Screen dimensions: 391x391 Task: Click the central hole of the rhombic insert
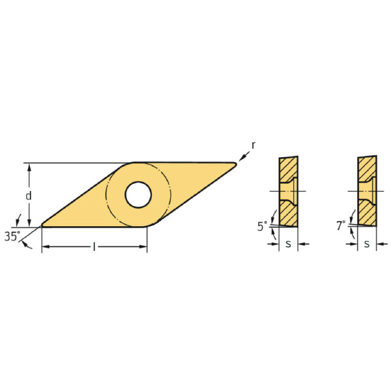138,194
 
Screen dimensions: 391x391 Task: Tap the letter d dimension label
28,195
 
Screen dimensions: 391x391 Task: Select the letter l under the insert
94,247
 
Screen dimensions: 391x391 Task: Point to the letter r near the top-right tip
253,145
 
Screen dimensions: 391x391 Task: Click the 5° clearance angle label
262,227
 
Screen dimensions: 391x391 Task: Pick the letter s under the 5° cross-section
288,244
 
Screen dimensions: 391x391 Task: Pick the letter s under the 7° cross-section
367,244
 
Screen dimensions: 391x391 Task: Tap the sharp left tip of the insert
43,225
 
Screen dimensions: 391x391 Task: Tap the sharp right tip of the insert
235,164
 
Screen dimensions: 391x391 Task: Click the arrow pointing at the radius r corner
243,156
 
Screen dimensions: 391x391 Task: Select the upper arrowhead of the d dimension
28,167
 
